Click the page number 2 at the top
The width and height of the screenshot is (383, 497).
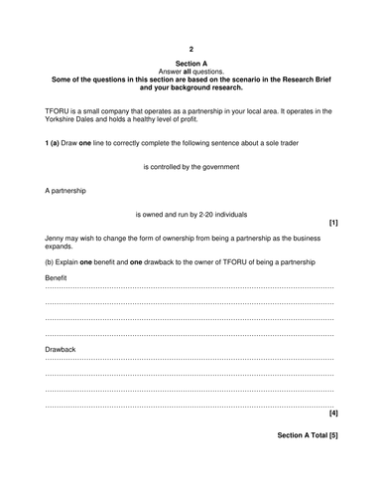click(191, 48)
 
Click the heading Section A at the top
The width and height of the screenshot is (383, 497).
click(191, 63)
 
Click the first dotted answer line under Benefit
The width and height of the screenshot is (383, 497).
click(190, 287)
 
